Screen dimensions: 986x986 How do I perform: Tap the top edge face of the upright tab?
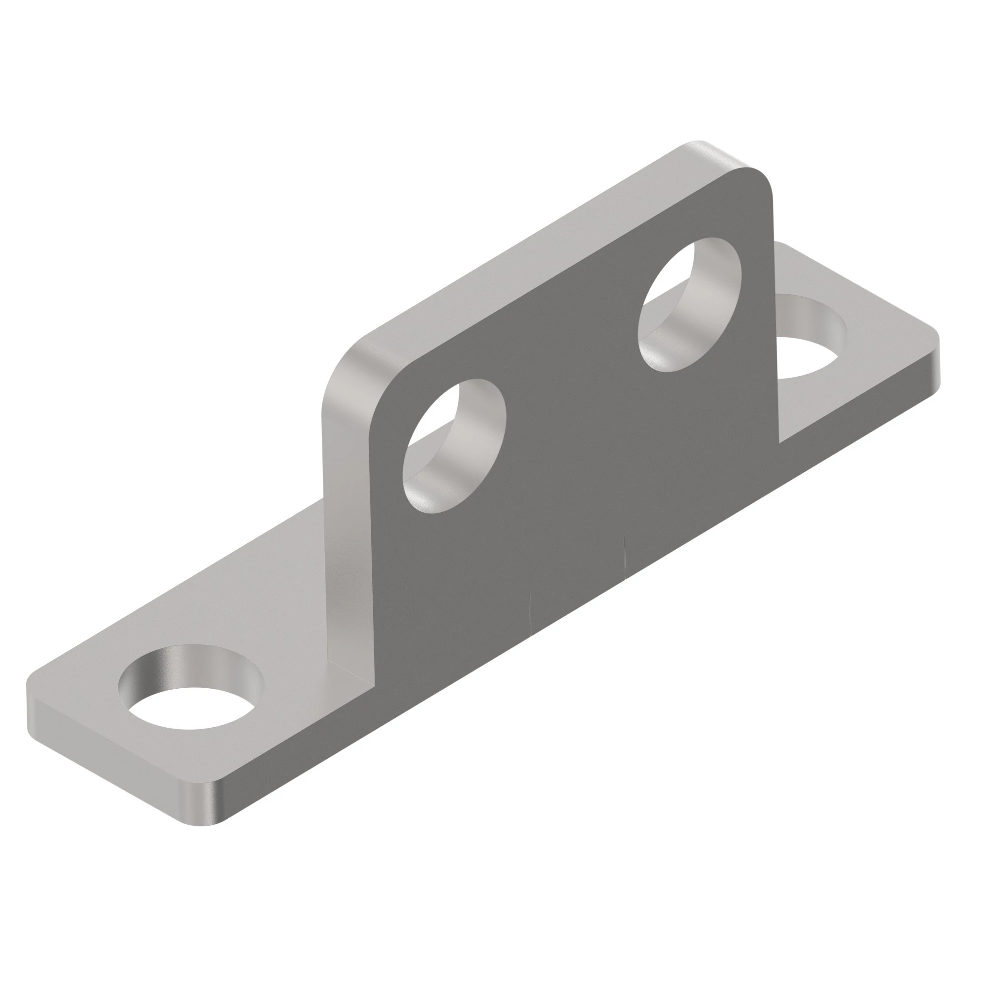pyautogui.click(x=536, y=245)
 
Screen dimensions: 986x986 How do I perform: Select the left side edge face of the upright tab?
pyautogui.click(x=347, y=510)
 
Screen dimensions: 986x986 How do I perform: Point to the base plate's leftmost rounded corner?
pyautogui.click(x=33, y=681)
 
